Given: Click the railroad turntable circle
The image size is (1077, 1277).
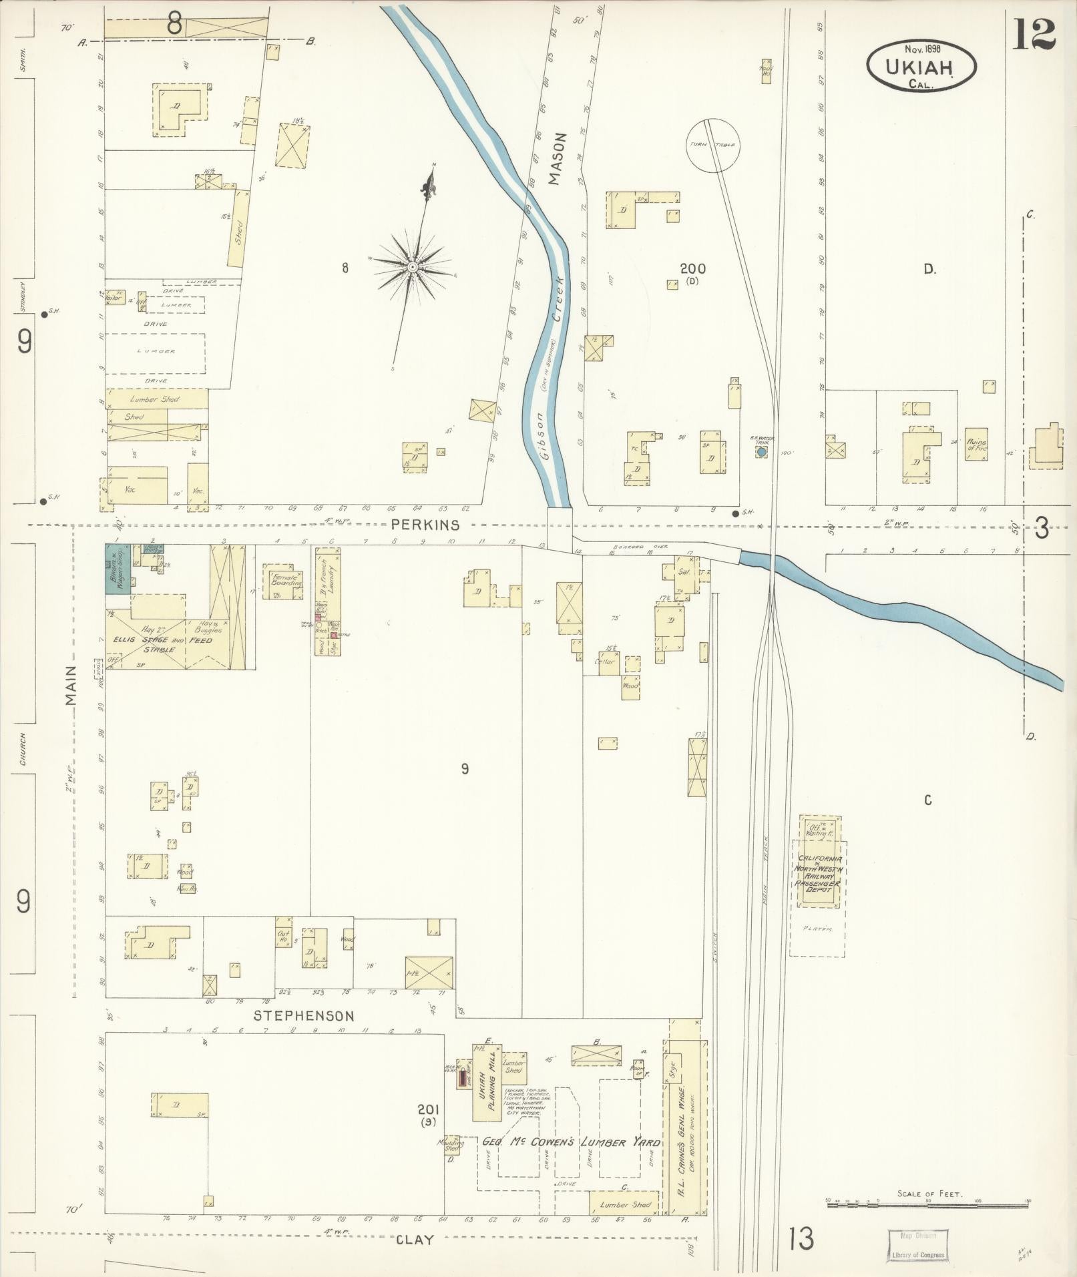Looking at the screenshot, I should tap(713, 145).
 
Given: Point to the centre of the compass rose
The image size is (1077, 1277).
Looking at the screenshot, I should tap(412, 267).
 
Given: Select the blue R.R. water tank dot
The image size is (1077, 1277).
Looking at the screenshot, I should tap(761, 452).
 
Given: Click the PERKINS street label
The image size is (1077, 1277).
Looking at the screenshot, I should tap(416, 525).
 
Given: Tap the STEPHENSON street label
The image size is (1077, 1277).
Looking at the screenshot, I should tap(304, 1035).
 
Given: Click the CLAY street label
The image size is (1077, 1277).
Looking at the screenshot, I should tap(415, 1240).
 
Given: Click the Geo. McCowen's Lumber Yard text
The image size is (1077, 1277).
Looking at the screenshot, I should tap(571, 1143).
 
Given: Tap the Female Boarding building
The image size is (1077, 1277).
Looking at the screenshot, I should tap(284, 580).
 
